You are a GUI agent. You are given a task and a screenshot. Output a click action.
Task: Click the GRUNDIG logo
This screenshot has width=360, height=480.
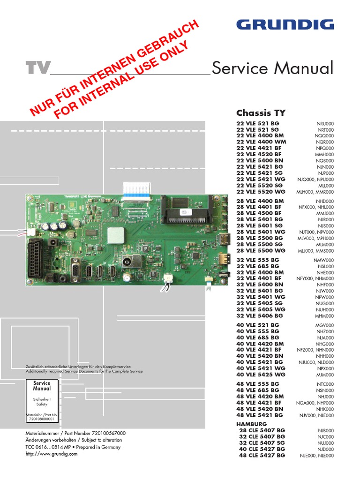point(285,25)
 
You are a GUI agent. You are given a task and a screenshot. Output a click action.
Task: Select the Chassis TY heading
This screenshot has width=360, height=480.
point(261,112)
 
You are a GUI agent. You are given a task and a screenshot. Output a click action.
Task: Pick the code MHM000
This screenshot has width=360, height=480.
point(324,316)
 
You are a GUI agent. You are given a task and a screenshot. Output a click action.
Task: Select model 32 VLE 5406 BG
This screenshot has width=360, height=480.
point(260,316)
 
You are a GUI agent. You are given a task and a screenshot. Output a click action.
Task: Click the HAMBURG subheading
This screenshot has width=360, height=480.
point(251,424)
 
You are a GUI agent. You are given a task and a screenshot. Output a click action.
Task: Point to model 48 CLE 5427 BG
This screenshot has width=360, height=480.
point(262,455)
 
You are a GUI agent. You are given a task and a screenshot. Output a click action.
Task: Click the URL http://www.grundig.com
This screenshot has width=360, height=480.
point(51,454)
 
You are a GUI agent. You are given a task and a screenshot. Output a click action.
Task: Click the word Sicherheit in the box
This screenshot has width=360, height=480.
point(42,398)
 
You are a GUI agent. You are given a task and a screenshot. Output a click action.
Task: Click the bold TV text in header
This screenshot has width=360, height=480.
point(37,68)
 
